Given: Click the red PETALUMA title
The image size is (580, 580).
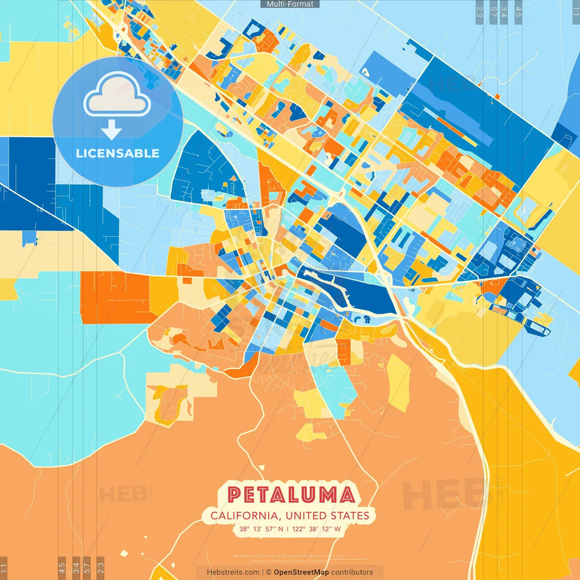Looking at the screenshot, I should click(291, 495).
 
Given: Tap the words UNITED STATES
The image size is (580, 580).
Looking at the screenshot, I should click(327, 516).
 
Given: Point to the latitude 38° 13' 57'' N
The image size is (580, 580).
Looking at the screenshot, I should click(261, 529).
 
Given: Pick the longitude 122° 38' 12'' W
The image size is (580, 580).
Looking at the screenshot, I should click(316, 529).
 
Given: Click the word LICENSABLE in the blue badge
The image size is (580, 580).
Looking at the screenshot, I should click(118, 153).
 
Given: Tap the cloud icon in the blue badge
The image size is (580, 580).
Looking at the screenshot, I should click(117, 95).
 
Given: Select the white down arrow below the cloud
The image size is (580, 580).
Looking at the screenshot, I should click(111, 130).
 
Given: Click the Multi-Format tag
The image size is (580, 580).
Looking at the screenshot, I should click(290, 4).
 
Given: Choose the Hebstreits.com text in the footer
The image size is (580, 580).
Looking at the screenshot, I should click(233, 572).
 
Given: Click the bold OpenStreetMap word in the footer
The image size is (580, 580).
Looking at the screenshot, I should click(301, 572).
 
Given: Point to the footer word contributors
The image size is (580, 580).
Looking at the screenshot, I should click(352, 572).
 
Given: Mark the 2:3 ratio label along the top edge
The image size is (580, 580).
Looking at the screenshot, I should click(479, 12).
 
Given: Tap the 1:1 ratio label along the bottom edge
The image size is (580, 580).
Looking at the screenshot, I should click(4, 568).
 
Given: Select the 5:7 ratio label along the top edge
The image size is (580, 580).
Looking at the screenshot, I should click(493, 12).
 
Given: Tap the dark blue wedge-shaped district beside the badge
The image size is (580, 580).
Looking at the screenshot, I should click(204, 168).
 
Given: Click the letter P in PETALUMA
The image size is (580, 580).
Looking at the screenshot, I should click(235, 495).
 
